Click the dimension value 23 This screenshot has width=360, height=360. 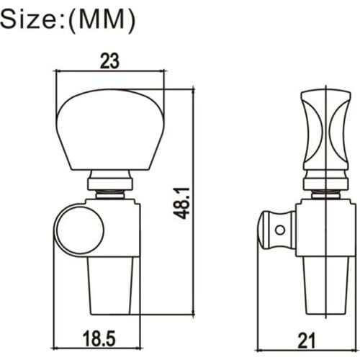[109, 61]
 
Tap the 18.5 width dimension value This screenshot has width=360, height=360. [99, 338]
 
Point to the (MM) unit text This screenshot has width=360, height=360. [102, 21]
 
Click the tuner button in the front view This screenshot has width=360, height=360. [110, 130]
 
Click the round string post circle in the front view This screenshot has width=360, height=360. [80, 230]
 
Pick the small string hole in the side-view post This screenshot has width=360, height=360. [280, 230]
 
